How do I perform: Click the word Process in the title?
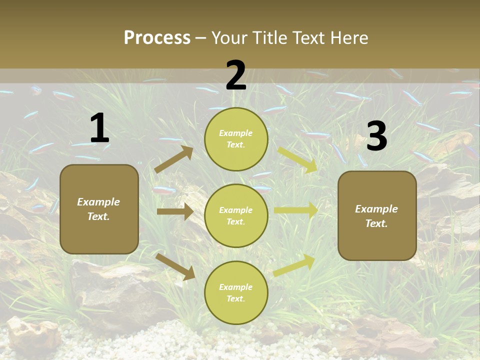157,37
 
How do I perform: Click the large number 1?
99,128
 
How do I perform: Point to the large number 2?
236,75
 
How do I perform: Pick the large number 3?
376,136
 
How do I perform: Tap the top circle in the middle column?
236,139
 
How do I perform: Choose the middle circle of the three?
236,215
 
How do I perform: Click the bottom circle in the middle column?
236,292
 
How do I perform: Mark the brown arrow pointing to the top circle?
174,159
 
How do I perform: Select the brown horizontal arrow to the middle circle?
175,211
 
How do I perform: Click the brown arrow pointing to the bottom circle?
175,266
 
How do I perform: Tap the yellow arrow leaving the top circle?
297,159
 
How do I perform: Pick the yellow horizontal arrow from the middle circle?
295,210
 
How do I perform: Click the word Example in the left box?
98,202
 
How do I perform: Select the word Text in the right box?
376,223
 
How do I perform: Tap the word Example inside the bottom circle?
235,287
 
